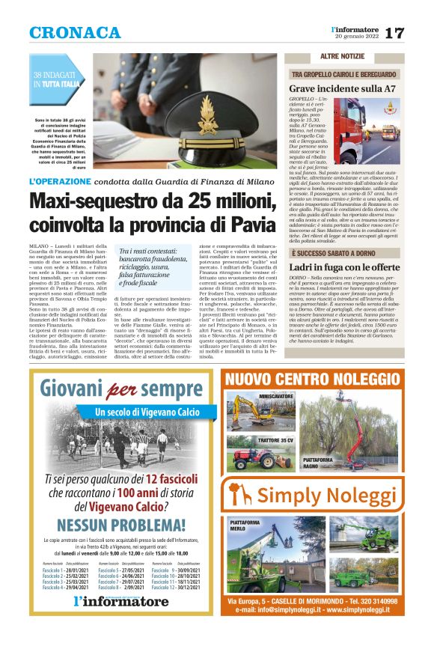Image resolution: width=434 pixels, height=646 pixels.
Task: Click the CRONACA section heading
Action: coord(75,33)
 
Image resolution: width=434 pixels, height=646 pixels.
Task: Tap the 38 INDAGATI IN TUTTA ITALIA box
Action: coord(56,80)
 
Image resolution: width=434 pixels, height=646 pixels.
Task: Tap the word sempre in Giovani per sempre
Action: coord(171,389)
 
